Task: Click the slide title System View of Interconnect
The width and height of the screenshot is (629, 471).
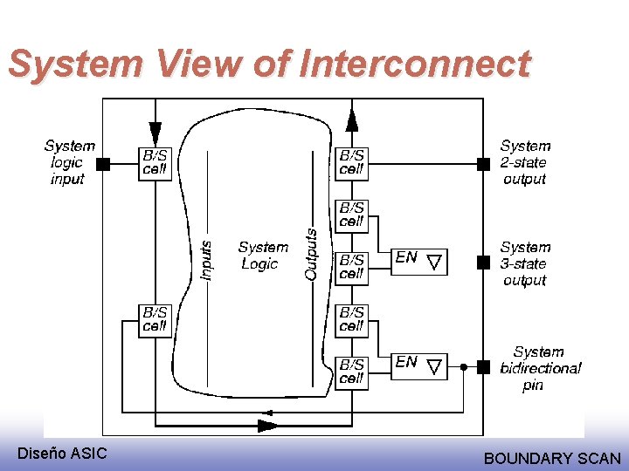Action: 269,65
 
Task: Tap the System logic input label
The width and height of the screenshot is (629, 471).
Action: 69,162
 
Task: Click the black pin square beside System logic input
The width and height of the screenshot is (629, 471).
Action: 103,163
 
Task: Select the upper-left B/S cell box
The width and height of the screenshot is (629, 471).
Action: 155,163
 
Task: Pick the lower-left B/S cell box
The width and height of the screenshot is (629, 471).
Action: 155,320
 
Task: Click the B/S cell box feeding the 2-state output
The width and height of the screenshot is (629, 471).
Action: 351,163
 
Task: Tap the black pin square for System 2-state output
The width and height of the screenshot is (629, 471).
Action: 483,163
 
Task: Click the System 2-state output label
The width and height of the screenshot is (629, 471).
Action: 525,162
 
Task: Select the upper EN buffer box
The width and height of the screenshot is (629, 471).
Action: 418,259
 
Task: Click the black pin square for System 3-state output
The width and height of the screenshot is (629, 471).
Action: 483,262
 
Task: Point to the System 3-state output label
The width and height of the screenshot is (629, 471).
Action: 525,263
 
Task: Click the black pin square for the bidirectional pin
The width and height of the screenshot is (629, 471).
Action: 483,367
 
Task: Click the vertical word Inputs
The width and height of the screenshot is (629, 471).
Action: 206,260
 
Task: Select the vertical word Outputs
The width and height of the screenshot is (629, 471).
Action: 311,254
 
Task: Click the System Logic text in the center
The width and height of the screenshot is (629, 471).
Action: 262,256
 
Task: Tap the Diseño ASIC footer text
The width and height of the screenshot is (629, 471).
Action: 63,453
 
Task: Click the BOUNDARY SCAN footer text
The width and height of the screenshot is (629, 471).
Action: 552,458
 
